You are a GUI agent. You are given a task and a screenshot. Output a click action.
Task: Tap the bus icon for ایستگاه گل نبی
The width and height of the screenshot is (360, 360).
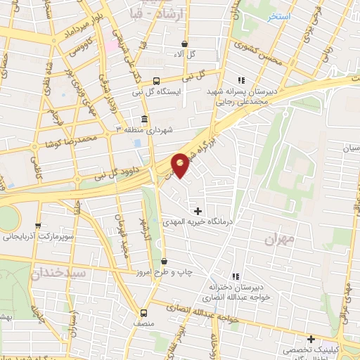[155, 81]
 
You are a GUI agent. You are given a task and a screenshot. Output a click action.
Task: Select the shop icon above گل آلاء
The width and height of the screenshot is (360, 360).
[184, 43]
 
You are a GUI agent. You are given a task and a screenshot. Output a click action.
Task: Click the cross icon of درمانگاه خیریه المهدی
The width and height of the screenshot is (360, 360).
[198, 210]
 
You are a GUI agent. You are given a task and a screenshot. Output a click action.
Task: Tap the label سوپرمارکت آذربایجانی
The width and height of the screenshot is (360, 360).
[37, 237]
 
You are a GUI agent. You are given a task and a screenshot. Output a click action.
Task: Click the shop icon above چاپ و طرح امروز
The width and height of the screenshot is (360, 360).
[164, 262]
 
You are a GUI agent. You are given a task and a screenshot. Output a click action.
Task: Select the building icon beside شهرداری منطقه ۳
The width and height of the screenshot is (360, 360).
[144, 118]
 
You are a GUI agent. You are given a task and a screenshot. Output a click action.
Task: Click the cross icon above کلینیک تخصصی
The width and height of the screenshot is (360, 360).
[310, 338]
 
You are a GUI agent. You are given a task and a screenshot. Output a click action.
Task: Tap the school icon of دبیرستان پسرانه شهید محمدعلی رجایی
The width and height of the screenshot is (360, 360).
[241, 80]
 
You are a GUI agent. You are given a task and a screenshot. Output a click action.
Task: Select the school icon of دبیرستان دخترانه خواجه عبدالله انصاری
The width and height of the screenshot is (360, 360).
[235, 276]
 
